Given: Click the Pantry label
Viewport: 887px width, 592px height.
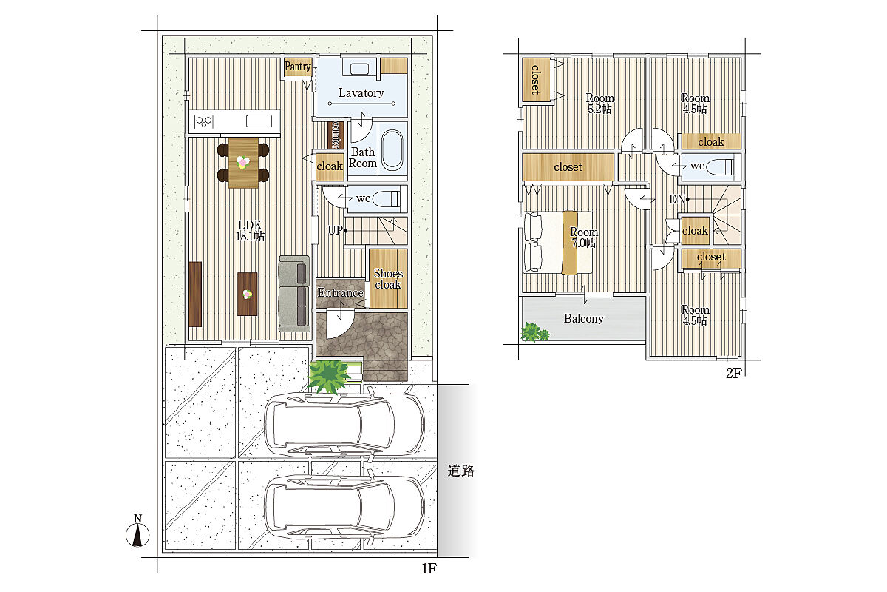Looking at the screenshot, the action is pos(297,66).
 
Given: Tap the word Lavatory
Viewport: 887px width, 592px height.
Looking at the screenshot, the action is pos(361,92).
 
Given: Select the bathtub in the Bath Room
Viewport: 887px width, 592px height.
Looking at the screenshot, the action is pos(392,150).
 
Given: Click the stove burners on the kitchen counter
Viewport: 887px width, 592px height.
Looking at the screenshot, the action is pos(204,121).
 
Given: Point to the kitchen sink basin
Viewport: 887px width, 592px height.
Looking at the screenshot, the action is pos(259,121).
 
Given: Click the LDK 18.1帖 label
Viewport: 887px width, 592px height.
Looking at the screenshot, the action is pos(250,230).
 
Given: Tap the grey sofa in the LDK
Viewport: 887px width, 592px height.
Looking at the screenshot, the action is pos(294,294).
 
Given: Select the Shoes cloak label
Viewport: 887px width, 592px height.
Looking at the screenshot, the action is pos(388,279).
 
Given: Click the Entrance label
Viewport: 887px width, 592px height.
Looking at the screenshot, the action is pos(341,292).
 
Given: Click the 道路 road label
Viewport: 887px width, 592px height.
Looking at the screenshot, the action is pos(461,471).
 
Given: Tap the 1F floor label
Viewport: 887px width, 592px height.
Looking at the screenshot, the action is pos(429,568).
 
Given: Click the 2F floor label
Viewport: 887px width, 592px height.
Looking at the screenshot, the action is pos(733,373).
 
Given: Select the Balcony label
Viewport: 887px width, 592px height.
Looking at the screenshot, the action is pos(584,318).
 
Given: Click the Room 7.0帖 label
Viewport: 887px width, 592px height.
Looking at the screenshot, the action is pos(584,237).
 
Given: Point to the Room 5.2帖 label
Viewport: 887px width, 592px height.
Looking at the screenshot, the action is pos(599,103).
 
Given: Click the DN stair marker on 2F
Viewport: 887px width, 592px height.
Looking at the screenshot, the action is pos(679,199).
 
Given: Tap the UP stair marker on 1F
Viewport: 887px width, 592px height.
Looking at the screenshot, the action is pos(337,230).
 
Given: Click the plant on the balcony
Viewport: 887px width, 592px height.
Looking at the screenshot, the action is pos(534,332).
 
